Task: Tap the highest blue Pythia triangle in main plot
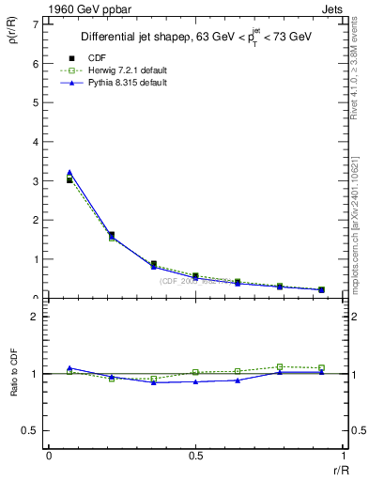pos(69,173)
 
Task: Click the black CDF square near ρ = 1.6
pos(112,235)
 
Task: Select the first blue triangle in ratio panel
pos(69,368)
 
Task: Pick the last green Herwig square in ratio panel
pos(321,368)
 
